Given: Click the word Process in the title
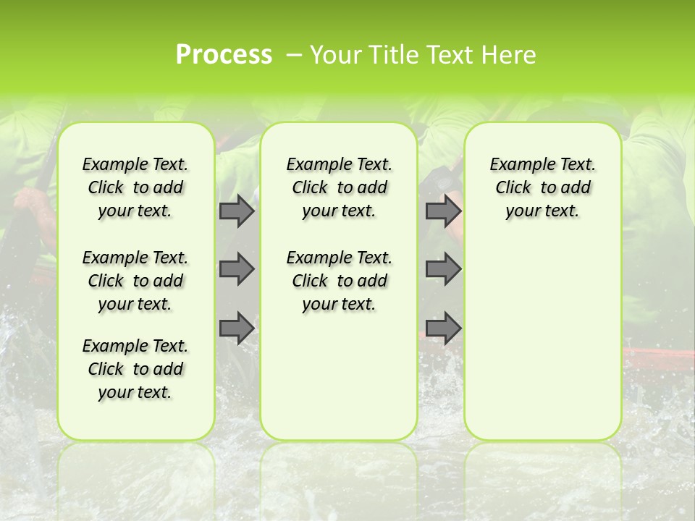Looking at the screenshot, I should point(224,55).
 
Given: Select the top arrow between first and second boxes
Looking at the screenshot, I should point(237,211).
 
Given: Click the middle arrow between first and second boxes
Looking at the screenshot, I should point(237,268).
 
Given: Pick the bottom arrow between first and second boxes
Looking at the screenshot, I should point(237,328).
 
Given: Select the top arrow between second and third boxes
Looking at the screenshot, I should point(443,211).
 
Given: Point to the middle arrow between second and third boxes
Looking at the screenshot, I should point(443,268).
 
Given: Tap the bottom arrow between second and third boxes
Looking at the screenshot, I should point(443,328).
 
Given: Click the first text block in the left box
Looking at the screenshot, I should point(135,187).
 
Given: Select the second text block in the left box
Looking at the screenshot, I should point(135,281).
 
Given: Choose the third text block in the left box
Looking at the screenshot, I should point(135,369).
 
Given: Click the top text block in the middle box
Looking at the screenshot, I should point(339,187).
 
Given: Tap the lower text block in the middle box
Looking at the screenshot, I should point(339,281).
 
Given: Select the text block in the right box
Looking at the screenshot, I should point(542,187).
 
